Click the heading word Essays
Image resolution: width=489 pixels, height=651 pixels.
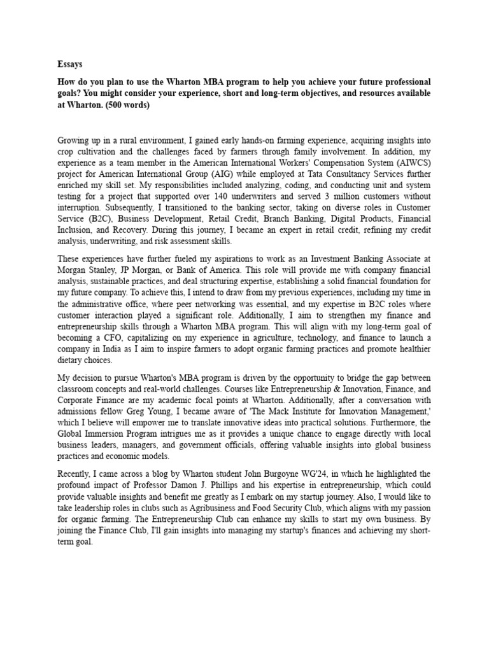point(69,64)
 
